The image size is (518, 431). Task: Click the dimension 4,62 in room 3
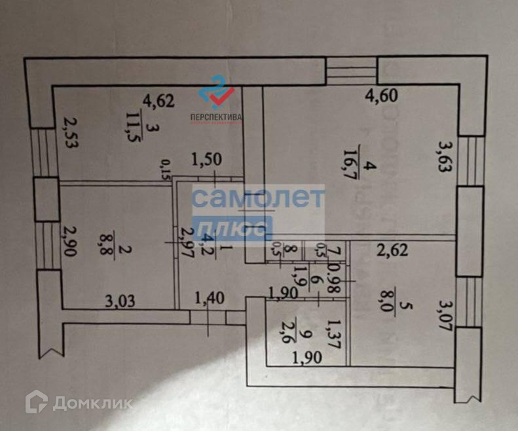point(158,101)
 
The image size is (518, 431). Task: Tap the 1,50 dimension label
point(206,159)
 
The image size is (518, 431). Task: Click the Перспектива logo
point(216,102)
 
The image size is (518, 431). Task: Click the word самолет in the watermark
point(258,198)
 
